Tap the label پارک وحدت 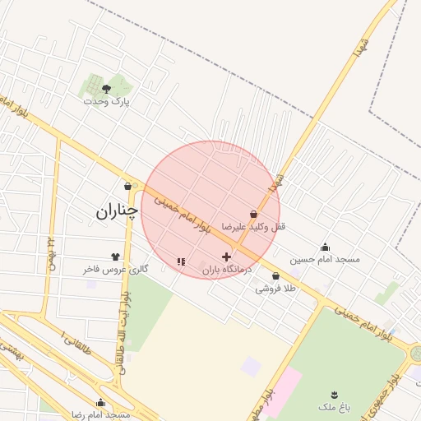coord(107,101)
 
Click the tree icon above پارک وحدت coord(106,87)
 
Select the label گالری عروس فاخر coord(115,269)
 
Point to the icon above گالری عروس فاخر coord(115,257)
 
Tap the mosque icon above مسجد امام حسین coord(325,247)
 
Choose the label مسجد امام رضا coord(101,414)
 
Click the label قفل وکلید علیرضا coord(254,226)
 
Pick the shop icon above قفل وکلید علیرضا coord(253,214)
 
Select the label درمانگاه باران coord(226,270)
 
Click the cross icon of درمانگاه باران coord(226,257)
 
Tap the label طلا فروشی coord(275,289)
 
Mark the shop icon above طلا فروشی coord(275,276)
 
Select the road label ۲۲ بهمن coord(51,248)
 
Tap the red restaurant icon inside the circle coord(180,262)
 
